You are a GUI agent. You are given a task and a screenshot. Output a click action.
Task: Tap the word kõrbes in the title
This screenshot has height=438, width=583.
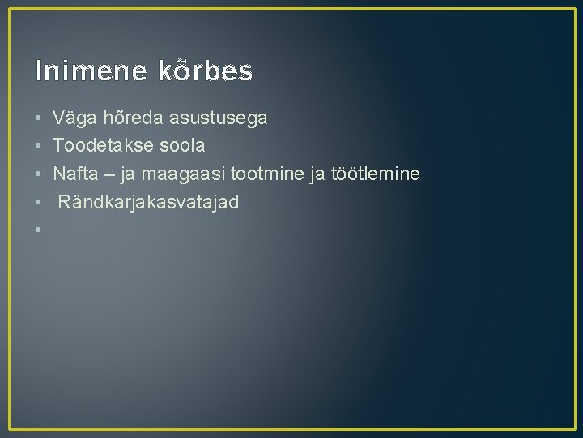(x=202, y=71)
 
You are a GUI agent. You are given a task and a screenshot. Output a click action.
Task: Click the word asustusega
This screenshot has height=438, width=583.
(x=216, y=118)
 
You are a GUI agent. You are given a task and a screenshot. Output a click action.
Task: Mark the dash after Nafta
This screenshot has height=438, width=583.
(x=104, y=174)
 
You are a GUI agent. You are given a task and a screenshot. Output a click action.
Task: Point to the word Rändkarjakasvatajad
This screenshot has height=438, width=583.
(x=148, y=202)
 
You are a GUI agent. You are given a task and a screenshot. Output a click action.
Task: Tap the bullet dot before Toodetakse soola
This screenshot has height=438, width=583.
(x=39, y=147)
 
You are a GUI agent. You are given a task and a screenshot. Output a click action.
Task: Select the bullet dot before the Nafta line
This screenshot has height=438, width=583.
(x=39, y=174)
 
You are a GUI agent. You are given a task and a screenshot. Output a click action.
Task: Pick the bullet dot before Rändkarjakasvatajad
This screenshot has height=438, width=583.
(x=39, y=203)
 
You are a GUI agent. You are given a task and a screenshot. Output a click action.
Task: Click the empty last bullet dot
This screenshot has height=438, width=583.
(x=39, y=230)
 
